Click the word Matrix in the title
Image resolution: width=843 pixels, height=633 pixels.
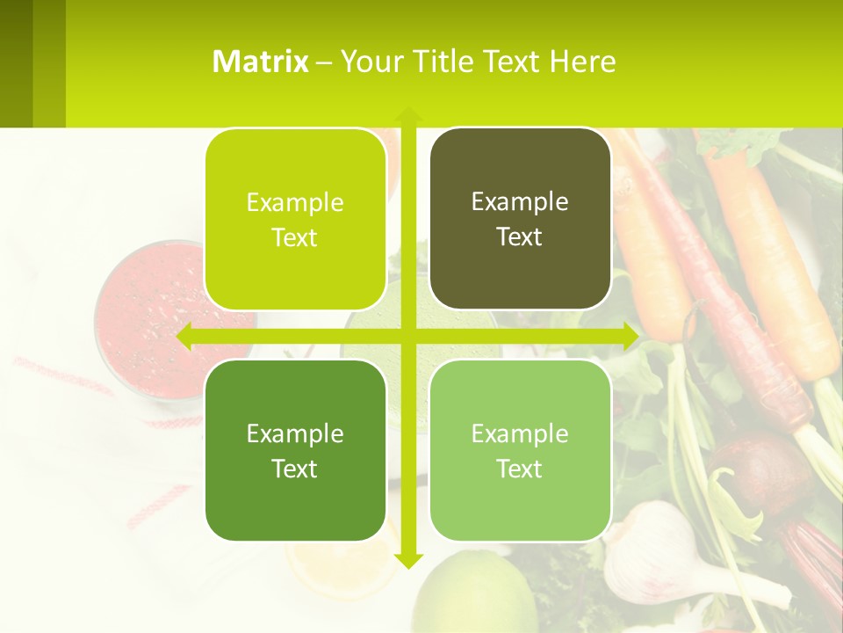pyautogui.click(x=261, y=62)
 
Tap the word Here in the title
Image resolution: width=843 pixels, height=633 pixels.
pyautogui.click(x=582, y=62)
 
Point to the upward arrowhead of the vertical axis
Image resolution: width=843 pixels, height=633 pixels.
pyautogui.click(x=407, y=114)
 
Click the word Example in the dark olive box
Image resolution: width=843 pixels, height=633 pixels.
pyautogui.click(x=520, y=201)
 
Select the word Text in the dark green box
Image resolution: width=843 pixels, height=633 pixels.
pyautogui.click(x=295, y=469)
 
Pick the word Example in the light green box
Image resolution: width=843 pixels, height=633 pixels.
pyautogui.click(x=520, y=433)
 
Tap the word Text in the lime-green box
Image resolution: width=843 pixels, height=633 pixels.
pyautogui.click(x=295, y=238)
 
